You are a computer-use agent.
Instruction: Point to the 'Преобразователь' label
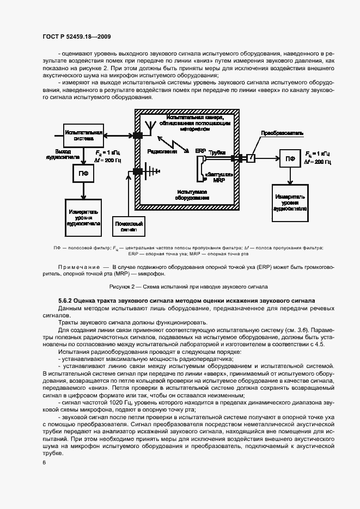278,132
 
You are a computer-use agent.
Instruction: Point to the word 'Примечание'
77,266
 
